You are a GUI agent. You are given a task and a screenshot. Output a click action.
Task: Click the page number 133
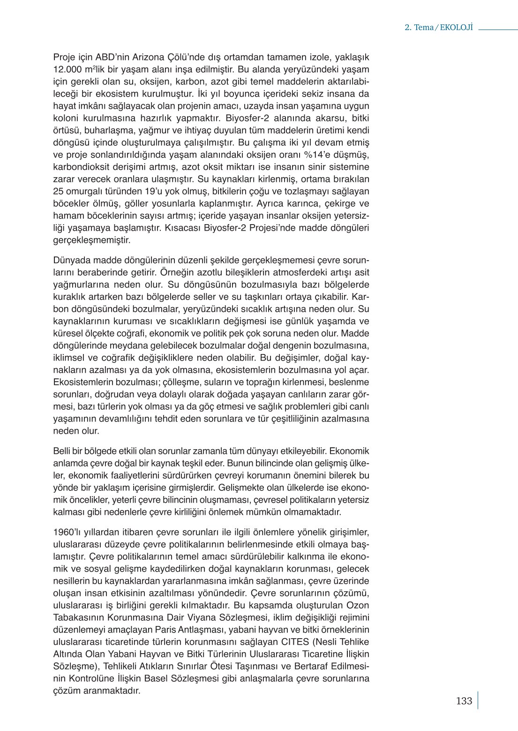click(x=464, y=701)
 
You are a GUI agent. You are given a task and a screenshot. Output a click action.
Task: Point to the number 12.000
click(x=69, y=69)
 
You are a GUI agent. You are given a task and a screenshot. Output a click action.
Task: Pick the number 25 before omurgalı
click(x=58, y=191)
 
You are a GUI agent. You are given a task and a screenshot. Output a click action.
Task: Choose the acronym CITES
click(x=296, y=642)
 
